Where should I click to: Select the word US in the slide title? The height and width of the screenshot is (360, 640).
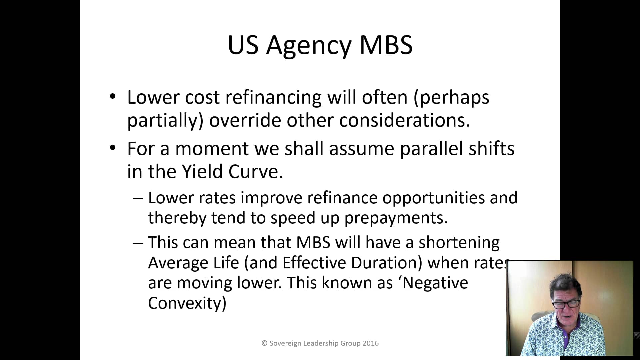243,45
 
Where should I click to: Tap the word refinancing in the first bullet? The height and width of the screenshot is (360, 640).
273,97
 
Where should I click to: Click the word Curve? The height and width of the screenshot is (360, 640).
255,172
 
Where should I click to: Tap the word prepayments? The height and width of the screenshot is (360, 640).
396,218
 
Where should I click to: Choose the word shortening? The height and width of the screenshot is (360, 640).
459,242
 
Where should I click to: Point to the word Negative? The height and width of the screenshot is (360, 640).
435,283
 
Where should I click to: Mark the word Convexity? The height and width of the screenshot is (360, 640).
187,303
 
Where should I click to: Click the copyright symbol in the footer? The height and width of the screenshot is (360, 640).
264,343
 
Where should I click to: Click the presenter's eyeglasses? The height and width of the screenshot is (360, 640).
566,304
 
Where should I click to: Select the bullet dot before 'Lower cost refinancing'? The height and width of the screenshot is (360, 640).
113,97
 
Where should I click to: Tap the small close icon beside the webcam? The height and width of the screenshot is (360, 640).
636,335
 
